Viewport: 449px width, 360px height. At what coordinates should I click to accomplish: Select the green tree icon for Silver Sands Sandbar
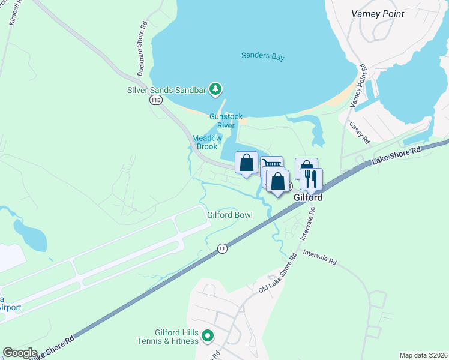pyautogui.click(x=214, y=89)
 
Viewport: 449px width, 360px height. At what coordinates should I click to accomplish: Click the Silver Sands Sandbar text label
pyautogui.click(x=166, y=90)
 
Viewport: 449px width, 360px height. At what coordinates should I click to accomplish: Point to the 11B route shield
pyautogui.click(x=156, y=100)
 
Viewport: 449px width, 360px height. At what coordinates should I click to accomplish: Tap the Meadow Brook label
pyautogui.click(x=207, y=142)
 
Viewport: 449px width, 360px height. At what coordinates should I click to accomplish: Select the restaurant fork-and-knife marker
pyautogui.click(x=310, y=178)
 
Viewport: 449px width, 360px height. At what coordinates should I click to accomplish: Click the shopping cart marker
pyautogui.click(x=272, y=163)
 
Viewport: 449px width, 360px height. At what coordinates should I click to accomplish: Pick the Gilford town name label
pyautogui.click(x=307, y=197)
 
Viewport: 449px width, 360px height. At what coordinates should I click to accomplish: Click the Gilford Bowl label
pyautogui.click(x=230, y=215)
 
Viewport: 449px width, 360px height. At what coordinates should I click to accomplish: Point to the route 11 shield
pyautogui.click(x=223, y=248)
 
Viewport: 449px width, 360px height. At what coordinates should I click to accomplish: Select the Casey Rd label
pyautogui.click(x=360, y=133)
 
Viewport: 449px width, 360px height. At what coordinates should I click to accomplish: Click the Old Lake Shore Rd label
pyautogui.click(x=278, y=274)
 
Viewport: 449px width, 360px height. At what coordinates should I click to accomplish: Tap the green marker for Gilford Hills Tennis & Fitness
pyautogui.click(x=208, y=336)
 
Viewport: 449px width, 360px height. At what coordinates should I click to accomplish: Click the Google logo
pyautogui.click(x=20, y=353)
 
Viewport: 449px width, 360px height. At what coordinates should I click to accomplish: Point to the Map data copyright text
pyautogui.click(x=423, y=355)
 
